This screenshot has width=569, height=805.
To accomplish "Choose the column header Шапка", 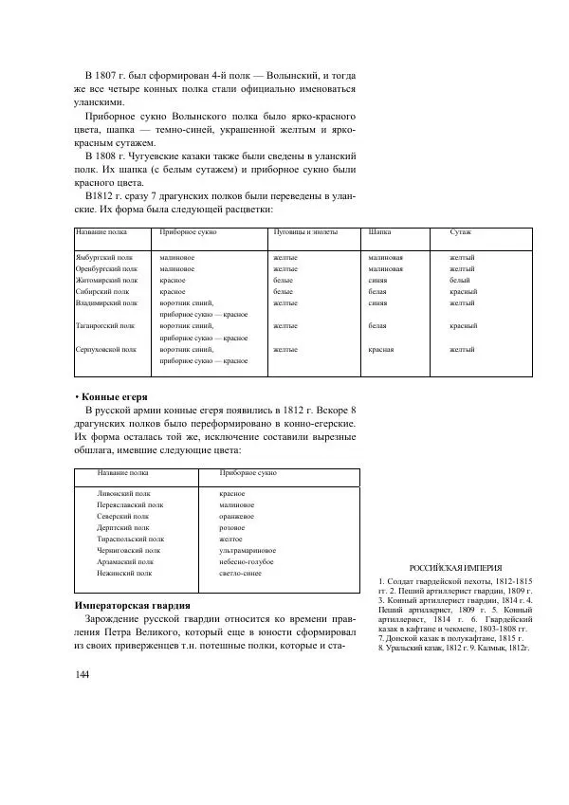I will point(378,231).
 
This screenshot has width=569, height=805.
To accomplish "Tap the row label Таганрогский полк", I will point(105,326).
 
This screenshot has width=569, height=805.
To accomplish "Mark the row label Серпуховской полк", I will point(106,350).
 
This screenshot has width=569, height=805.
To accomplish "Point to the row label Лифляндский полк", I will point(124,494).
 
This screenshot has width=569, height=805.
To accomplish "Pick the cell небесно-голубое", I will point(246,562).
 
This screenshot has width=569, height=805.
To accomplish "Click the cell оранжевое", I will point(237,517).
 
